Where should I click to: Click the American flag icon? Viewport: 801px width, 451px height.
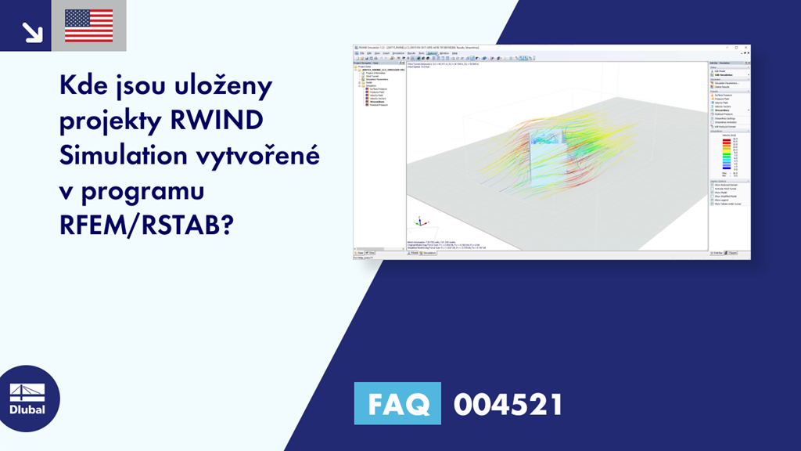click(x=88, y=25)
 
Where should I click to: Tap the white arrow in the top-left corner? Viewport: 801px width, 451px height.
click(x=32, y=31)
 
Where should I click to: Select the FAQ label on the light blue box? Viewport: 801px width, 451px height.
click(x=397, y=405)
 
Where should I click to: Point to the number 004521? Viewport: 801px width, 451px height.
click(x=508, y=405)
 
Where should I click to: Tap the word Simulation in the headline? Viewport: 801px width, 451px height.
click(x=116, y=156)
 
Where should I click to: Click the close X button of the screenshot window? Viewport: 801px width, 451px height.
click(x=746, y=48)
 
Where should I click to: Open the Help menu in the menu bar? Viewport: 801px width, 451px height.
click(x=454, y=53)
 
